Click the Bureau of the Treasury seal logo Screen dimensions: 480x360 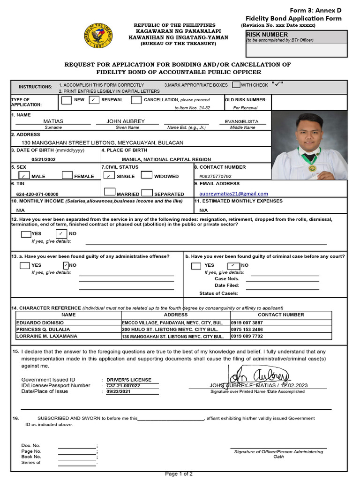pyautogui.click(x=98, y=36)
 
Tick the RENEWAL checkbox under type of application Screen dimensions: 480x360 pyautogui.click(x=94, y=100)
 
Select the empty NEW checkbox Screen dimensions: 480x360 pyautogui.click(x=67, y=100)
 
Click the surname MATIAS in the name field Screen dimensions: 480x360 pyautogui.click(x=53, y=121)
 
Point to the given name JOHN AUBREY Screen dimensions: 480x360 pyautogui.click(x=126, y=121)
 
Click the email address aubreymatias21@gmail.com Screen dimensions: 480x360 pyautogui.click(x=233, y=194)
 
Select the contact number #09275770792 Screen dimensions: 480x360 pyautogui.click(x=215, y=176)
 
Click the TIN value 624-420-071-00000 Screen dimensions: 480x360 pyautogui.click(x=37, y=194)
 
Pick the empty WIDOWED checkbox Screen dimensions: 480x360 pyautogui.click(x=146, y=175)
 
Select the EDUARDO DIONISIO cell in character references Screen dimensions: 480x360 pyautogui.click(x=68, y=322)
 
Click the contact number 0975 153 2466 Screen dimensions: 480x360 pyautogui.click(x=247, y=330)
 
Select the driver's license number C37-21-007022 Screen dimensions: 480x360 pyautogui.click(x=123, y=386)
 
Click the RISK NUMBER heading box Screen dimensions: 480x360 pyautogui.click(x=297, y=37)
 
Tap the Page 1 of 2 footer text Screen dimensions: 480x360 pyautogui.click(x=179, y=474)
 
